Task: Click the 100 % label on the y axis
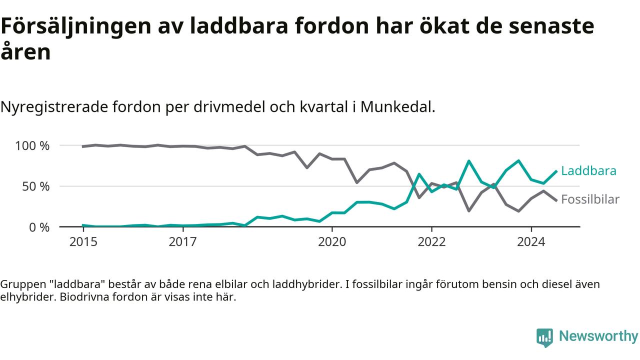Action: point(32,146)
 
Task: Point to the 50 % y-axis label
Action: point(35,187)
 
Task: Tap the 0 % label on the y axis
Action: point(39,227)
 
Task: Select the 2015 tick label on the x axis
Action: point(83,242)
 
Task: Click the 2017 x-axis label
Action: point(183,242)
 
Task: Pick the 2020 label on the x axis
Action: point(332,242)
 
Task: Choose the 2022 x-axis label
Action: point(431,242)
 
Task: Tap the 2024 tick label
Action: point(531,242)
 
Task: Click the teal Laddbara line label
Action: point(589,171)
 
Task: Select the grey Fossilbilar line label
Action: point(590,199)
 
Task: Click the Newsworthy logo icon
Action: point(544,337)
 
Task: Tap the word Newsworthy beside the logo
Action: point(598,336)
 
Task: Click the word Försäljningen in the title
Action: point(76,27)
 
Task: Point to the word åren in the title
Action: point(25,51)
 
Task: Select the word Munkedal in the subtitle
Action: point(397,107)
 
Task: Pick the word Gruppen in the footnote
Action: point(23,285)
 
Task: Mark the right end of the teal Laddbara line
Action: point(556,171)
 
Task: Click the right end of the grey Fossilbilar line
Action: point(556,200)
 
